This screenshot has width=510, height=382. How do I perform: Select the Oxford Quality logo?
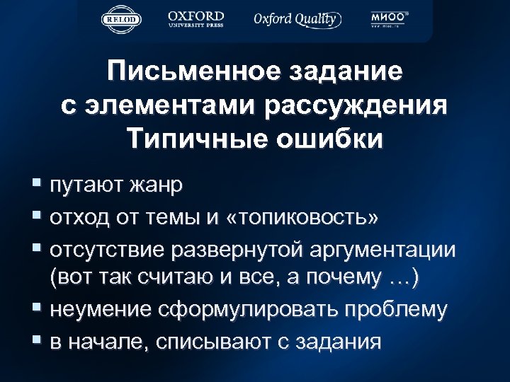pyautogui.click(x=297, y=19)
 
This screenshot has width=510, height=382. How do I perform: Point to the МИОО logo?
pyautogui.click(x=389, y=19)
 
